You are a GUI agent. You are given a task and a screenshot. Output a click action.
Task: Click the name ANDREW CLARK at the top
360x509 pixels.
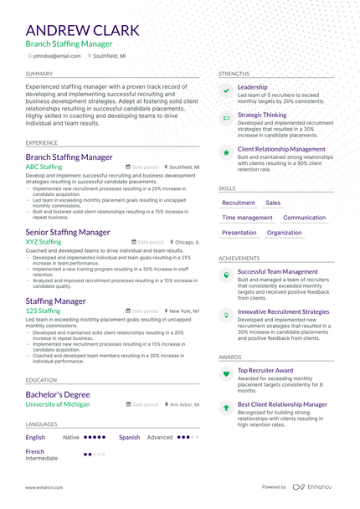coord(82,31)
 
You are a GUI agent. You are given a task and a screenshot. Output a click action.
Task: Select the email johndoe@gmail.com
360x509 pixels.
coord(57,55)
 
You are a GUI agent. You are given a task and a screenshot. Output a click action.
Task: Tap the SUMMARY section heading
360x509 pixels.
coord(39,74)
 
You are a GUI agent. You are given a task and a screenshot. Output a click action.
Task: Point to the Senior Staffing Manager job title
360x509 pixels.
coord(68,232)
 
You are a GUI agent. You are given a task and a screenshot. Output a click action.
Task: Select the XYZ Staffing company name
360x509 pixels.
coord(44,242)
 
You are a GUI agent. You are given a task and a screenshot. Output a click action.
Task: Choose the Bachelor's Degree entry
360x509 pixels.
coord(58,393)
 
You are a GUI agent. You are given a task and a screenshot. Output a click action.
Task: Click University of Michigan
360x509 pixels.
coord(57,404)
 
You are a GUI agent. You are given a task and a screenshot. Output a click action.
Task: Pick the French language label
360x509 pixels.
coord(35,451)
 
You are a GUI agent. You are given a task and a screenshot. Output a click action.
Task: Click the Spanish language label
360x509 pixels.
coord(130,437)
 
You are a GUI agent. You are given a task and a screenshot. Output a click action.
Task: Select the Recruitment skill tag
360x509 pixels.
coord(239,203)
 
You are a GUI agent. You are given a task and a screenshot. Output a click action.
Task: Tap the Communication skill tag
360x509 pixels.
coord(305,218)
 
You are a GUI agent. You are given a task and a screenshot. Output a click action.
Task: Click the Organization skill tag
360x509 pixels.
coord(285,233)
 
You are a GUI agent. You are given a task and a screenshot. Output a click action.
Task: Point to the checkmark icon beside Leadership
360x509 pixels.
coord(226,90)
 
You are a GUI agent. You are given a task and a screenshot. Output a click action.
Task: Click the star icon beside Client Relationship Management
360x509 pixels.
coord(226,152)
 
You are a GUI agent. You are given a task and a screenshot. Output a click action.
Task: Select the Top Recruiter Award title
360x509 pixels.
coord(265,370)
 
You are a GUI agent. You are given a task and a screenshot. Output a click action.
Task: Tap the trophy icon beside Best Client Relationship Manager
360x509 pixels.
coord(226,408)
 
